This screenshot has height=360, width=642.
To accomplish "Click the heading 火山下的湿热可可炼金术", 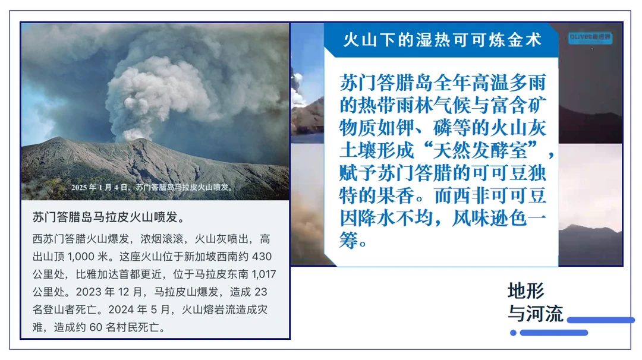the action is pyautogui.click(x=443, y=40).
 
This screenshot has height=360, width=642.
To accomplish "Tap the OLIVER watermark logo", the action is pyautogui.click(x=590, y=37).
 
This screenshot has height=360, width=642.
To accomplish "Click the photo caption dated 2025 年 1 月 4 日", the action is pyautogui.click(x=152, y=187).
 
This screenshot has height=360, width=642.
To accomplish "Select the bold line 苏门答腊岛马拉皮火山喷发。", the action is pyautogui.click(x=109, y=217).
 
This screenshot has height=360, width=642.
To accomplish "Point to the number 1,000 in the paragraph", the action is pyautogui.click(x=81, y=257).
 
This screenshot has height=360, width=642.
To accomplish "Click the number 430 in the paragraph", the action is pyautogui.click(x=262, y=257).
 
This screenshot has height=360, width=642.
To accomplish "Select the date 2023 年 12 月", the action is pyautogui.click(x=109, y=292).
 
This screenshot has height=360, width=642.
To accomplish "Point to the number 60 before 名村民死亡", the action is pyautogui.click(x=95, y=328).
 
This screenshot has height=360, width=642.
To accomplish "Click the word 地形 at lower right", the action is pyautogui.click(x=526, y=291).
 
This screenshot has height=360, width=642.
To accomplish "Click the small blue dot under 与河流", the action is pyautogui.click(x=513, y=333).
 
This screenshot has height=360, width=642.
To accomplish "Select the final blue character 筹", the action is pyautogui.click(x=348, y=241).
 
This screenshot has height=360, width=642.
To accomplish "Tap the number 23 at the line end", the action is pyautogui.click(x=260, y=292).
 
